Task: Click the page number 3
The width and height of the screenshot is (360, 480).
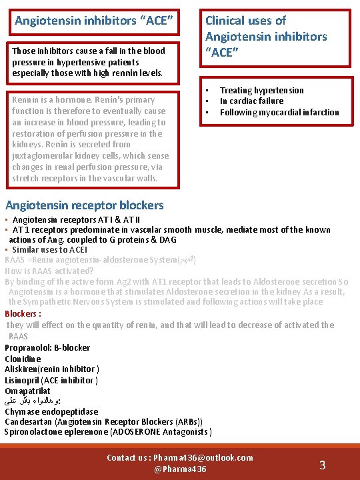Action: pos(322,465)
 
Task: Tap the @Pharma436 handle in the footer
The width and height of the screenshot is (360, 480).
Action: pos(180,469)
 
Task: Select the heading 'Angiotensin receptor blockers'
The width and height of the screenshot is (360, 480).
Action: pos(84,205)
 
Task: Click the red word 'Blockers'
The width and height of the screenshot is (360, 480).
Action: pos(22,313)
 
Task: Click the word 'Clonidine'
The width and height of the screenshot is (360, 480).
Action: pos(23,358)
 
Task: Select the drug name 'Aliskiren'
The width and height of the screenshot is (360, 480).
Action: pos(21,369)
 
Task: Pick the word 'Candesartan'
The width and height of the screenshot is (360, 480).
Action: pos(29,421)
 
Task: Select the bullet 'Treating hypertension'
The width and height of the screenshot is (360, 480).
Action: pos(261,90)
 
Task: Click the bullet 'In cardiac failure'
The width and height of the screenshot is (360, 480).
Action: pos(251,101)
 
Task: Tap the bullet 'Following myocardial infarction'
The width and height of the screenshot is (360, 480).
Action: pos(279,112)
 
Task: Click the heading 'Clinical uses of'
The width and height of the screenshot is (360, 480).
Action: pos(245,21)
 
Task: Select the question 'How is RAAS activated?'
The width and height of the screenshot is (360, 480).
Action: pos(49,271)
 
